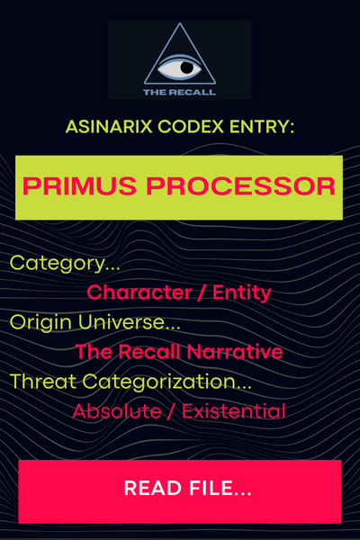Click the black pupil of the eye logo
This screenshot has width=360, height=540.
(x=187, y=67)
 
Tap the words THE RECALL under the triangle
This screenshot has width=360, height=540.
(x=179, y=92)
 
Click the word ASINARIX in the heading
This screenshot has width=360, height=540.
(x=109, y=126)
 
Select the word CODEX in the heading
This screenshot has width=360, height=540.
(x=191, y=126)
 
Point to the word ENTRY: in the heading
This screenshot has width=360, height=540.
(x=262, y=126)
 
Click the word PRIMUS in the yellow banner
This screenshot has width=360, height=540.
(x=79, y=186)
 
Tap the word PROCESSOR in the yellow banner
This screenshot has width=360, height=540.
(x=241, y=186)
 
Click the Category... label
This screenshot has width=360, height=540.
(x=65, y=264)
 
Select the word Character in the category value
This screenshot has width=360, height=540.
(x=139, y=292)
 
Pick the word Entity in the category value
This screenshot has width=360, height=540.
(x=242, y=293)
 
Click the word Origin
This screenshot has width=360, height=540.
(x=40, y=323)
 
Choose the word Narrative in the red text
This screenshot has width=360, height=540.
(x=235, y=352)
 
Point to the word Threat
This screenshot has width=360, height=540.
(x=43, y=382)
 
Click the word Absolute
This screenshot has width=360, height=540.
(x=117, y=411)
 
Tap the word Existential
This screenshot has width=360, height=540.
(x=234, y=411)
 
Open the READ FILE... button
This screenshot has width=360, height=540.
(x=180, y=491)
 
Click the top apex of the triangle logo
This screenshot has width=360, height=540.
(x=179, y=23)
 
